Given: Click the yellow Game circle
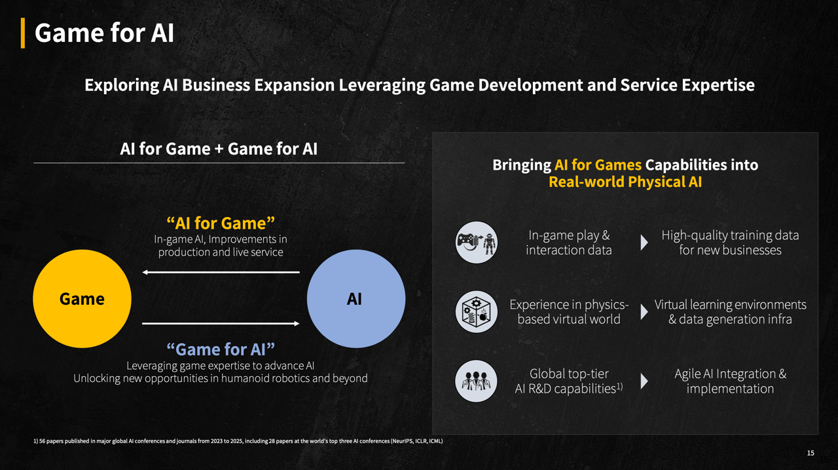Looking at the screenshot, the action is (82, 298).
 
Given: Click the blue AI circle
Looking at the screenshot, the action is (355, 298).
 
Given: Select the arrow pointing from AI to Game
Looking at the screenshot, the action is (221, 272).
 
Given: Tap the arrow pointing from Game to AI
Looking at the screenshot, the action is (221, 324).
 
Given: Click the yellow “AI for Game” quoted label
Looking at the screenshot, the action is (221, 224).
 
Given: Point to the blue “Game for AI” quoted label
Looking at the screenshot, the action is (221, 349).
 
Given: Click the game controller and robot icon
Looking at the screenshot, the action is (476, 243).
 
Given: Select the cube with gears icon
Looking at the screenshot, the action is (476, 311).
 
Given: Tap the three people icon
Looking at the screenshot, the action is (476, 381).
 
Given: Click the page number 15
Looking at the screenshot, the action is (811, 453).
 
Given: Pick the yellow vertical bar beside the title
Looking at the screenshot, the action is (23, 33).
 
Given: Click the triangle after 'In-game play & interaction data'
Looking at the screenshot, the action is (644, 243).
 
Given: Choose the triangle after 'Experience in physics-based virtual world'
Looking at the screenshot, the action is (644, 311).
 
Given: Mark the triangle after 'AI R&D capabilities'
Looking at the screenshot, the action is (644, 382).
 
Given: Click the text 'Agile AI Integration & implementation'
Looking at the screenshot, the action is (730, 382).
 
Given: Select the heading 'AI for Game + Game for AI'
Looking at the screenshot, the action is (219, 149).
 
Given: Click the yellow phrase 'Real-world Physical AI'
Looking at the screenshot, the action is (625, 182).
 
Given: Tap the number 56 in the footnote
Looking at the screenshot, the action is (42, 441).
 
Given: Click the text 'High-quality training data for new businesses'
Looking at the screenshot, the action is (730, 243).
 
